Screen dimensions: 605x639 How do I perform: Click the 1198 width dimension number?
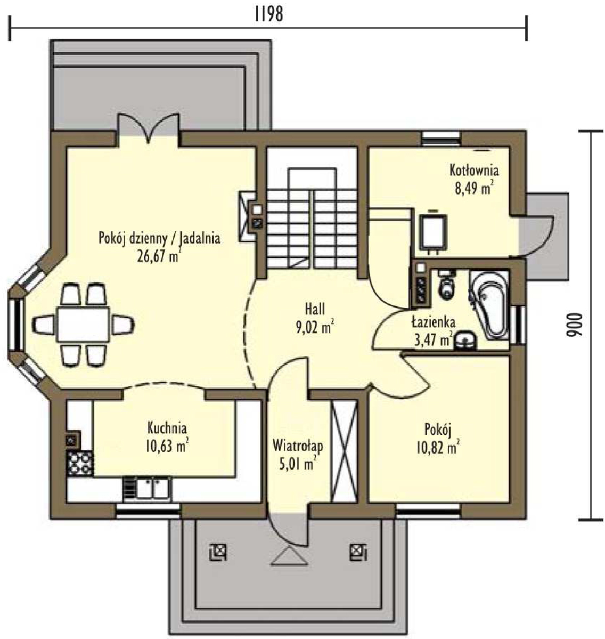tap(268, 14)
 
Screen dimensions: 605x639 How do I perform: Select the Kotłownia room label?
tap(474, 169)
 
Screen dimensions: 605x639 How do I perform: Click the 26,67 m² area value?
tap(159, 256)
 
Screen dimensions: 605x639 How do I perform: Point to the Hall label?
tap(315, 309)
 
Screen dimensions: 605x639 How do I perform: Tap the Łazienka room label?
tap(433, 322)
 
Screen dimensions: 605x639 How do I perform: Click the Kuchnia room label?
tap(167, 428)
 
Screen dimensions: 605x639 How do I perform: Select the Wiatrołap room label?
tap(298, 446)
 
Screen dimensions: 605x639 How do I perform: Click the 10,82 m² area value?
tap(438, 448)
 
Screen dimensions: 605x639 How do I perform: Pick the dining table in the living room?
tap(83, 325)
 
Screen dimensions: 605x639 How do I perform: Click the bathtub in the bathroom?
tap(489, 304)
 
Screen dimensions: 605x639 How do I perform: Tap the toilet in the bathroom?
tap(447, 285)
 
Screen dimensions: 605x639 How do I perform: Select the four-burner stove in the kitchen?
tap(80, 463)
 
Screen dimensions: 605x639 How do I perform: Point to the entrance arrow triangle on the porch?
tap(290, 555)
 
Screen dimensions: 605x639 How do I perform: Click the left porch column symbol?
tap(218, 552)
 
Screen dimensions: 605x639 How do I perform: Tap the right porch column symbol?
tap(358, 552)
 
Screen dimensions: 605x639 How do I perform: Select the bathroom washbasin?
tap(464, 341)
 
